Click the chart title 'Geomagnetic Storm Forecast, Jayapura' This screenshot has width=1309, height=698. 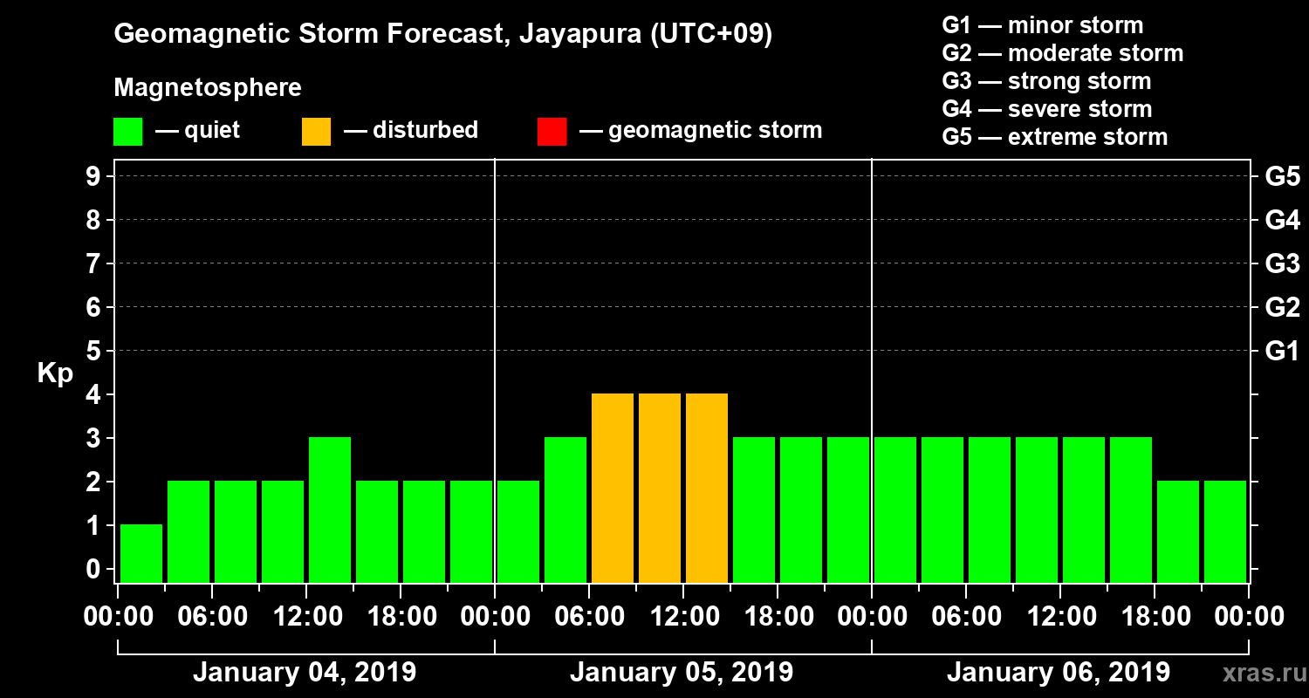pos(443,34)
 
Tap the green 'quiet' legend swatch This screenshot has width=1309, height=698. pos(127,131)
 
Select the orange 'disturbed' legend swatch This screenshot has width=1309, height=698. pos(316,131)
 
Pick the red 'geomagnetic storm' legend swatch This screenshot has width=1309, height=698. pos(552,131)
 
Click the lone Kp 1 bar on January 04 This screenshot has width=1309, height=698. pos(141,553)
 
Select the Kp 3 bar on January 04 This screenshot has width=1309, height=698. pos(330,510)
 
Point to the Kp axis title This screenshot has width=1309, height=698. pos(55,373)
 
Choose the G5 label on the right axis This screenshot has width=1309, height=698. pos(1282,177)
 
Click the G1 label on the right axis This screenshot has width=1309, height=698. pos(1282,352)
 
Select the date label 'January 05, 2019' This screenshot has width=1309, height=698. pos(682,673)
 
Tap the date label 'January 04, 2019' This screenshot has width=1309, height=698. pos(305,673)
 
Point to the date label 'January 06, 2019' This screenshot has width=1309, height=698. pos(1059,673)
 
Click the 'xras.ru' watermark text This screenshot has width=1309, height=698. pos(1259,673)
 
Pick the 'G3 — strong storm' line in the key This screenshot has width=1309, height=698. pos(1046,81)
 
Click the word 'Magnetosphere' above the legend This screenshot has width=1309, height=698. pos(208,88)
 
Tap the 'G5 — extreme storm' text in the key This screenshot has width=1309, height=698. pos(1054,137)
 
